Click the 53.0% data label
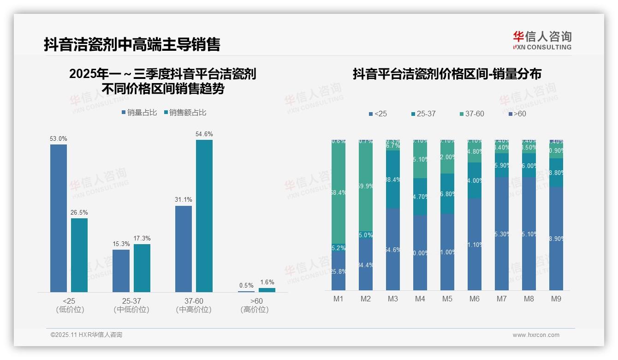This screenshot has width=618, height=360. [59, 138]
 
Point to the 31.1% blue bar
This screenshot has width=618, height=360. [184, 249]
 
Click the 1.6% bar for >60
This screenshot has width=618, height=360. [267, 290]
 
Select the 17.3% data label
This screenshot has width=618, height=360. [142, 238]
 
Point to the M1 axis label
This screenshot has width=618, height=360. [339, 299]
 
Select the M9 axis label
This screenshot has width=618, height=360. [556, 299]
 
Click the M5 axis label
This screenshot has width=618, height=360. [447, 299]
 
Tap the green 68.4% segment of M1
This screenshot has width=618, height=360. [339, 192]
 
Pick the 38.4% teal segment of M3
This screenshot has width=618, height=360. [393, 180]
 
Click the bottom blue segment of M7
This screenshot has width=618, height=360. [502, 234]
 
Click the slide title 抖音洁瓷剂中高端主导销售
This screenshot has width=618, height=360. [132, 44]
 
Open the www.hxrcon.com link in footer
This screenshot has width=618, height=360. [536, 335]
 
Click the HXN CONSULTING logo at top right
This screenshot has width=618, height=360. [542, 41]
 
